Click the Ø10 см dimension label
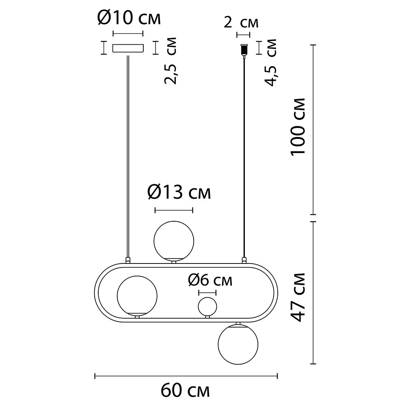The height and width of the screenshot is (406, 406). coord(129,18)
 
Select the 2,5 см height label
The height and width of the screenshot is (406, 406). coord(171,61)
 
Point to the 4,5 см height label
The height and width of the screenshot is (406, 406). coord(270,63)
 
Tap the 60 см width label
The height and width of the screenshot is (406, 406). coord(185,391)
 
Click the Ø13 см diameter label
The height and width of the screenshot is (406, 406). coord(179,192)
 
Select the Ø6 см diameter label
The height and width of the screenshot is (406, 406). coord(210,280)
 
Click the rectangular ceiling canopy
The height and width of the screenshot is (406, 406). coord(128,48)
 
